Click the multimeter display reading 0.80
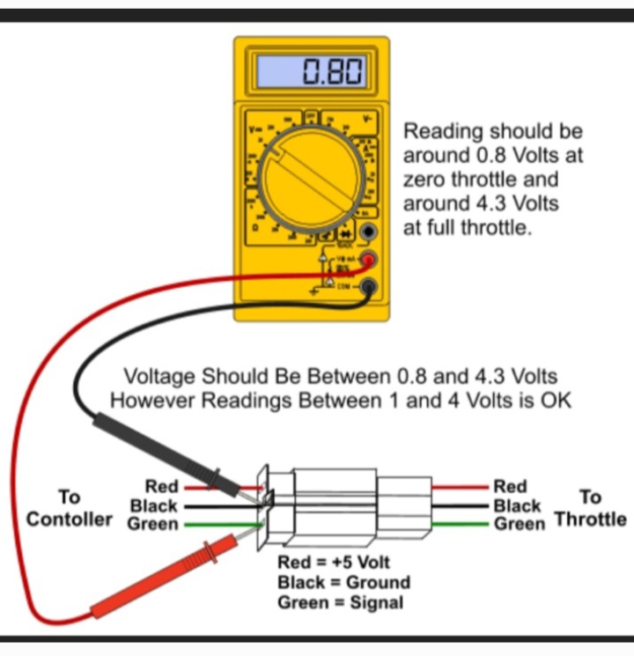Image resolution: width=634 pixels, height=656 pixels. [310, 71]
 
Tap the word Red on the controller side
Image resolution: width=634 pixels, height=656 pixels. [161, 487]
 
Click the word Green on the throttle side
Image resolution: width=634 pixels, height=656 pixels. [519, 524]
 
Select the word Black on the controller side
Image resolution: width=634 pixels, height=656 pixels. [153, 506]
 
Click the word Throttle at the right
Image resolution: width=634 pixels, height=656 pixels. [590, 519]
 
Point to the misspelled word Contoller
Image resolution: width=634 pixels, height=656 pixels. [70, 519]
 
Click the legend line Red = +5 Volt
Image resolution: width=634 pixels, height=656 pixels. [333, 562]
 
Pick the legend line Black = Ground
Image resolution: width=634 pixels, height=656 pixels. [343, 582]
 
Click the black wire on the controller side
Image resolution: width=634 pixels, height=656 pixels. [211, 506]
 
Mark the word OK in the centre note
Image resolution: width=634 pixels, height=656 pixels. [557, 401]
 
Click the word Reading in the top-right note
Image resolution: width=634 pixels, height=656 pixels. [443, 132]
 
